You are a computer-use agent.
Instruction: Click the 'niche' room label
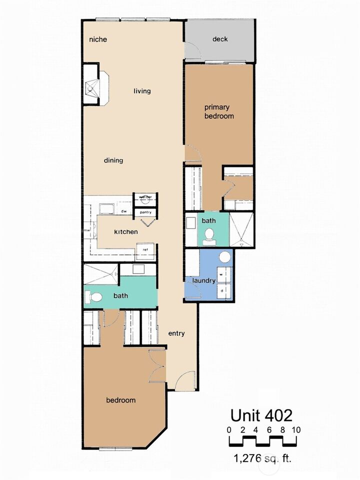[98, 39]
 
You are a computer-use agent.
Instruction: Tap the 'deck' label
[220, 39]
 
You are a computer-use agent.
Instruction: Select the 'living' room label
[142, 91]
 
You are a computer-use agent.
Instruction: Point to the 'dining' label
[113, 160]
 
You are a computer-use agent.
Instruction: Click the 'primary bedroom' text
[218, 111]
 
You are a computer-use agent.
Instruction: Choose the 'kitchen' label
[126, 232]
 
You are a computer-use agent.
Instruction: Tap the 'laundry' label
[203, 280]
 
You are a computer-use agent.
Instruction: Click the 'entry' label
[176, 334]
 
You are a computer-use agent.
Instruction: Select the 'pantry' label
[145, 212]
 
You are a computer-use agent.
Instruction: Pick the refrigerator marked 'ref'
[145, 250]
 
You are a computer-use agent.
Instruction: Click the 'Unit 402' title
[261, 415]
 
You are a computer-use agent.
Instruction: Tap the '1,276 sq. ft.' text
[262, 456]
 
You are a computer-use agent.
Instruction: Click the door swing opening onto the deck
[191, 51]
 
